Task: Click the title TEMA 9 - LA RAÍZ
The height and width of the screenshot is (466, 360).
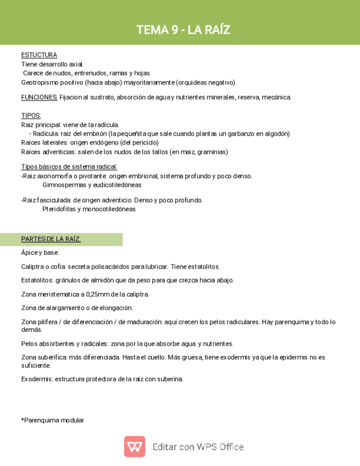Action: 183,30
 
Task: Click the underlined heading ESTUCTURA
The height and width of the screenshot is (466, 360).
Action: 39,55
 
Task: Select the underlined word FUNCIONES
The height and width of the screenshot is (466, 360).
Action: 39,97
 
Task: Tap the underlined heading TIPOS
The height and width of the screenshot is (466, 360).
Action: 31,116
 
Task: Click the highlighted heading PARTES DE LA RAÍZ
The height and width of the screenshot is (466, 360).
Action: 51,239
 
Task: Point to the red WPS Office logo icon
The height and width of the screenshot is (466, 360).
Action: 135,447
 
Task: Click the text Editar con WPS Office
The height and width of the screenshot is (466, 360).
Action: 198,447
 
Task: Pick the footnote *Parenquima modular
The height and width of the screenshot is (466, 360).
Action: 53,420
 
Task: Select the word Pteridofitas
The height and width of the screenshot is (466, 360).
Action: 60,209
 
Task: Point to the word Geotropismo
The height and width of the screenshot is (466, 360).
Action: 40,82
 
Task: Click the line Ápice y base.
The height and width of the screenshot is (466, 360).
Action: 40,253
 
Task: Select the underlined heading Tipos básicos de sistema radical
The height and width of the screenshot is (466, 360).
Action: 69,167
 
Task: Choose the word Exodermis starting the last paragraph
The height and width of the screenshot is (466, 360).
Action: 36,379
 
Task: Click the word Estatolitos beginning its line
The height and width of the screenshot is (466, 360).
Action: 36,280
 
